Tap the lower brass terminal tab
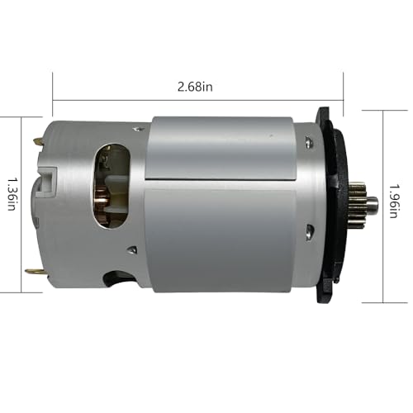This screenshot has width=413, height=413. click(33, 273)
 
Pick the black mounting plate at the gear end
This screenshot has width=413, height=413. click(327, 202)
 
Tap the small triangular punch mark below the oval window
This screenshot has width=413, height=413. click(131, 247)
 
